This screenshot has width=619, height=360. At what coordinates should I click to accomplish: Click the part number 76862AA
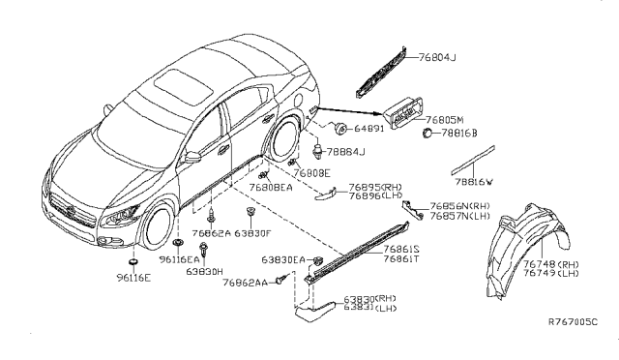(244, 282)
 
